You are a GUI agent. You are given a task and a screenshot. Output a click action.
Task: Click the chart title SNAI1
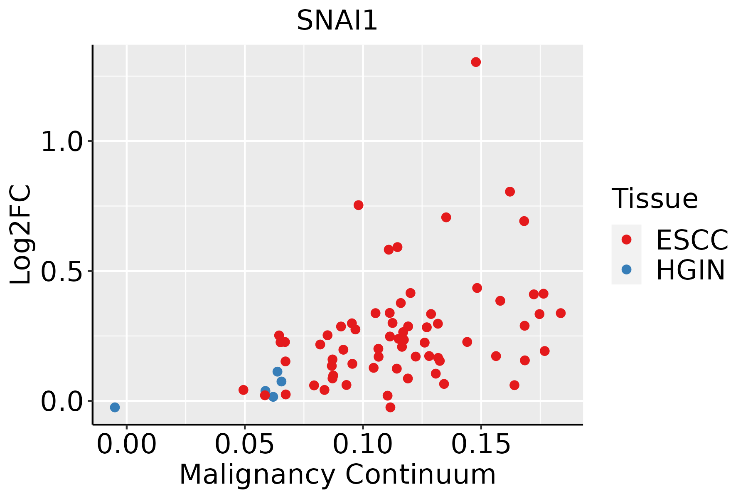[x=337, y=20]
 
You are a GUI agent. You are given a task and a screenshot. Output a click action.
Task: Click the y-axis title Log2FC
[x=21, y=235]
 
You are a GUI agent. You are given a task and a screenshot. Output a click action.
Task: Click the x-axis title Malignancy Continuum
[x=337, y=474]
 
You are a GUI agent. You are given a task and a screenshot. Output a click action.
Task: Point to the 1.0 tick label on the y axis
[x=62, y=141]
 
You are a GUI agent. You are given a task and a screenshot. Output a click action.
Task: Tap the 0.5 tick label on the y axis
[x=62, y=271]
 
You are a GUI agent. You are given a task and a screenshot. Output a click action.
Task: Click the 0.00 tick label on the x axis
[x=127, y=445]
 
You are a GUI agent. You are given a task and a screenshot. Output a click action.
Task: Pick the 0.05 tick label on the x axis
[x=245, y=445]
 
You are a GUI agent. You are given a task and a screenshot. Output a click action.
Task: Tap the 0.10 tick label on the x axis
[x=363, y=445]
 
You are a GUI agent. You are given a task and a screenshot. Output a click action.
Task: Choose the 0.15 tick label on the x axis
[x=481, y=445]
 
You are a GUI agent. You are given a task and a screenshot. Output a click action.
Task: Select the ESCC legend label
[x=692, y=240]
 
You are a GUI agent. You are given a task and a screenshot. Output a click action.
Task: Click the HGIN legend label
[x=691, y=270]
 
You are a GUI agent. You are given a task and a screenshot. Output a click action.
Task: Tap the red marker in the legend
[x=626, y=240]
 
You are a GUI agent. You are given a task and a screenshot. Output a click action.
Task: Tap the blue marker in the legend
[x=626, y=269]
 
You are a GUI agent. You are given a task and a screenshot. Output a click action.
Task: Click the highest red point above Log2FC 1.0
[x=476, y=62]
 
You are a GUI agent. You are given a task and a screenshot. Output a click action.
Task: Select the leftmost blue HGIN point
[x=115, y=407]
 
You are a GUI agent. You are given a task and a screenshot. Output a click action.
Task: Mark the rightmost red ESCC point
[x=561, y=313]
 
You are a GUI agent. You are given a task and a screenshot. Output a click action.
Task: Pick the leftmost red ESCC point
[x=244, y=390]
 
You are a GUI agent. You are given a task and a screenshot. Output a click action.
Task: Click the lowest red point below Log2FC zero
[x=390, y=407]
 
